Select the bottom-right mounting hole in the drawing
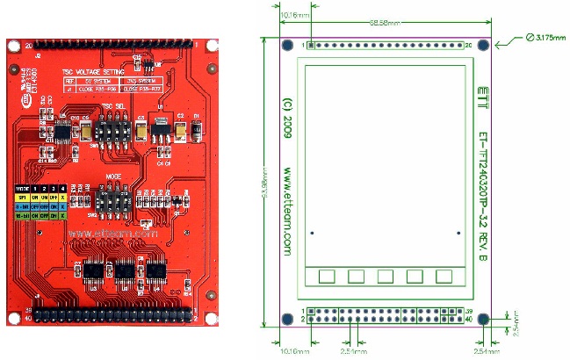click(x=481, y=318)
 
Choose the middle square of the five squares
click(x=386, y=277)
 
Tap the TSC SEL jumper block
click(x=112, y=131)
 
